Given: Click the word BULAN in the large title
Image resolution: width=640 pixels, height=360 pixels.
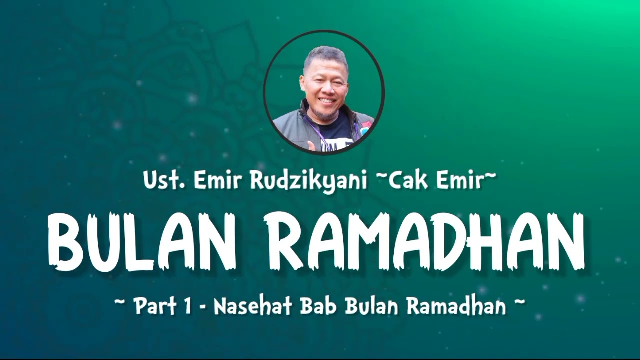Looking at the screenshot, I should [x=142, y=241].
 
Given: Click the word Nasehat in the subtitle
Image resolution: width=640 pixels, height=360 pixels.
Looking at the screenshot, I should [x=252, y=306].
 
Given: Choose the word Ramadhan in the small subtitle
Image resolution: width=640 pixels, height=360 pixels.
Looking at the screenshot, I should [x=456, y=306].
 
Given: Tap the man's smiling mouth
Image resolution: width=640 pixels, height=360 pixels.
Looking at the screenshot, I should [x=328, y=101].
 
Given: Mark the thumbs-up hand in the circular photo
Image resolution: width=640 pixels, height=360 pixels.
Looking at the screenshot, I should [x=312, y=145].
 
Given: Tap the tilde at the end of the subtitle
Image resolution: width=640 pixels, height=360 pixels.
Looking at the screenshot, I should [x=520, y=302].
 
